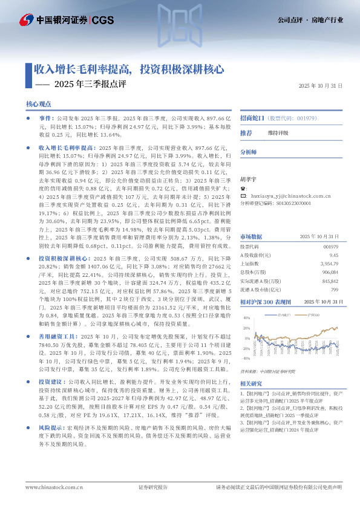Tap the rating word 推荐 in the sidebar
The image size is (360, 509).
click(246, 132)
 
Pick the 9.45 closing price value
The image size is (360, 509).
click(333, 255)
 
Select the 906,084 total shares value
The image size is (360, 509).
click(330, 272)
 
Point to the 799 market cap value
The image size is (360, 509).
click(334, 289)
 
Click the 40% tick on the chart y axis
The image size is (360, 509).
click(246, 317)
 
